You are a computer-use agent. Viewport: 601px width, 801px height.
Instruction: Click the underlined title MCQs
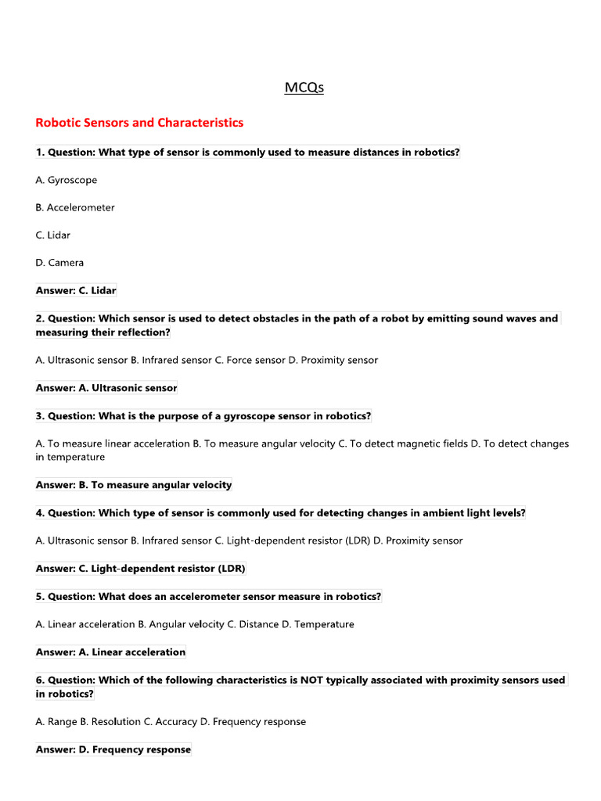coord(304,88)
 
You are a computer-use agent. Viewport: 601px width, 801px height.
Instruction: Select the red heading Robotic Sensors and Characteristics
coord(139,123)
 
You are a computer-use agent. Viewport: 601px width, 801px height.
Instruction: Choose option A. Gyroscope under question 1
coord(67,180)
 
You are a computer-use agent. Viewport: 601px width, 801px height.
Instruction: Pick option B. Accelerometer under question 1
coord(75,207)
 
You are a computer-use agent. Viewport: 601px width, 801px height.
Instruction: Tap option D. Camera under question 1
coord(59,263)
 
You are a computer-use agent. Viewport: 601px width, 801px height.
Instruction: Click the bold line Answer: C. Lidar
coord(76,290)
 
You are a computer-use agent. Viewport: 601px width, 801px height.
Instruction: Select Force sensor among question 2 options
coord(255,361)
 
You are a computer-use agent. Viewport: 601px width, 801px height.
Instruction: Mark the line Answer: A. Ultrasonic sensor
coord(106,388)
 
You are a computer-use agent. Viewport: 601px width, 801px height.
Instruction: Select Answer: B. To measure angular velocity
coord(134,485)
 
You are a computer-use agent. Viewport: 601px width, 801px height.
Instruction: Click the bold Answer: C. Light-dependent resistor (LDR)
coord(141,569)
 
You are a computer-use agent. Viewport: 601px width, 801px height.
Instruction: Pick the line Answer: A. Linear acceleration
coord(110,652)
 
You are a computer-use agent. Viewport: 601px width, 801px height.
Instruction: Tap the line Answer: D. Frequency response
coord(113,749)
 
